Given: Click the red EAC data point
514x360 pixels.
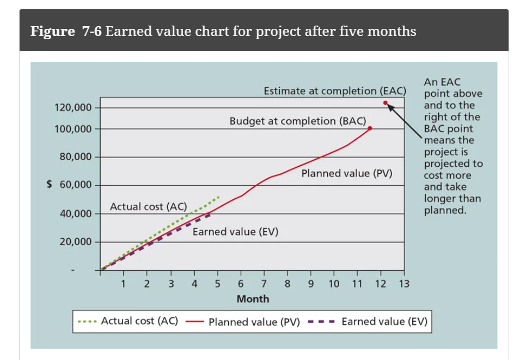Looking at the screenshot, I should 385,102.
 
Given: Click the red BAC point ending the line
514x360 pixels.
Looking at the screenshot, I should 370,129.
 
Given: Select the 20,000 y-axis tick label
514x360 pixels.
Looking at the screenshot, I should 75,242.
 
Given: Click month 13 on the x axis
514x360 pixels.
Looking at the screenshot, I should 403,283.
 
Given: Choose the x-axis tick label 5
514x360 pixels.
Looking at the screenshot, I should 217,283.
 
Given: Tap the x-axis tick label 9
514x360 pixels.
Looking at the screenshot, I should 310,283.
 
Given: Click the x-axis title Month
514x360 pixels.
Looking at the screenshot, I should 253,299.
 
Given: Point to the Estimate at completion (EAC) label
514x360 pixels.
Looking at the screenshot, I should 335,91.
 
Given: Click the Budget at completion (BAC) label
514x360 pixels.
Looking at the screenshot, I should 298,120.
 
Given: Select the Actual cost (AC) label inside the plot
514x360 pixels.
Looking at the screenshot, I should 148,206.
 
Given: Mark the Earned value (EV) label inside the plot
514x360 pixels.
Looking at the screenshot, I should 235,231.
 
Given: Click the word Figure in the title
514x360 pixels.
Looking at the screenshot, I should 52,31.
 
